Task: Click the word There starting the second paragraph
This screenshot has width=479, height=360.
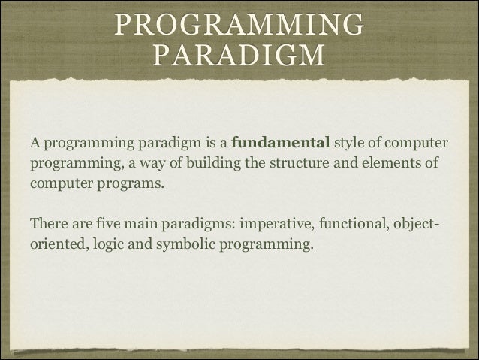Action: [48, 224]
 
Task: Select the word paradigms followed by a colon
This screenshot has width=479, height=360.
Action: [200, 224]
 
